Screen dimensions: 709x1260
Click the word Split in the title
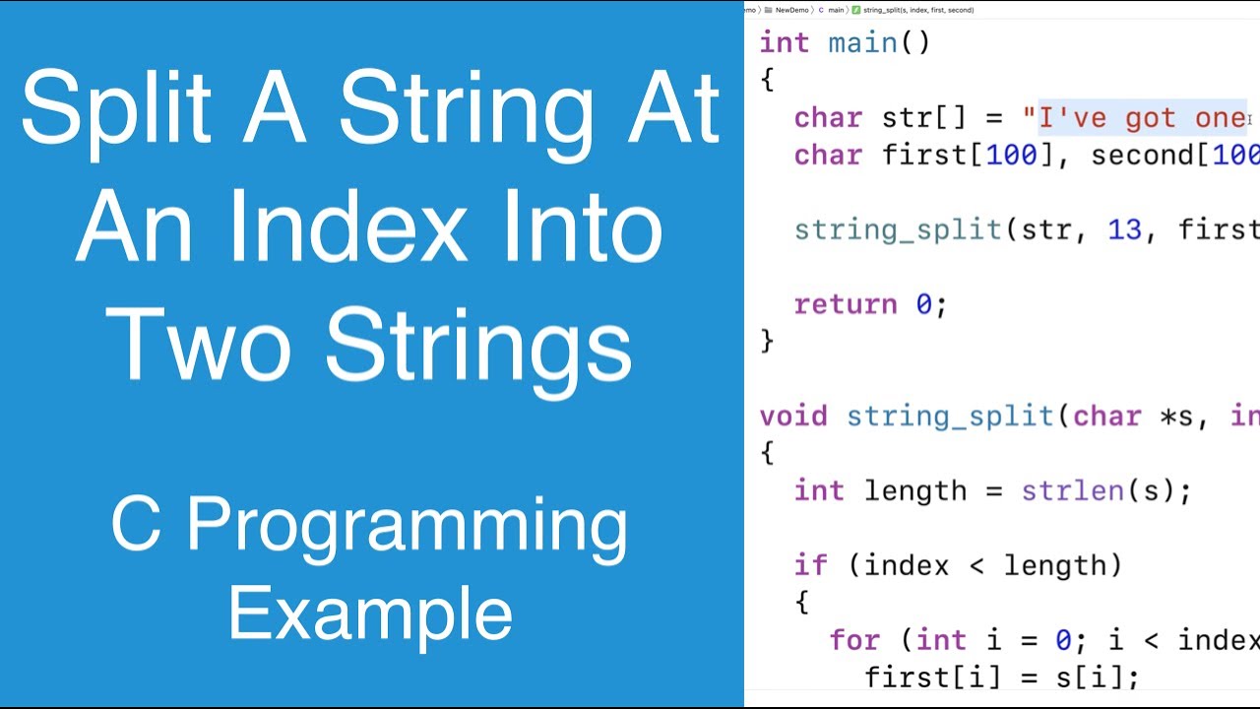pos(116,110)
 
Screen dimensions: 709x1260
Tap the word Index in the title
pos(362,228)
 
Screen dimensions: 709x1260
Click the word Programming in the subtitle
pos(407,527)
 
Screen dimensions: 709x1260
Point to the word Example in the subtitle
pos(370,612)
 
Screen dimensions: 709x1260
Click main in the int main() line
pos(862,43)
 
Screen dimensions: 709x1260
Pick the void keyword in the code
pos(793,417)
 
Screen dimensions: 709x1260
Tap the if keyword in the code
pos(811,565)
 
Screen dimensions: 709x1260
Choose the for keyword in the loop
pos(854,640)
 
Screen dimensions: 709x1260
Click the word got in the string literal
pos(1150,118)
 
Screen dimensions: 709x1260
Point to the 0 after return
pos(923,304)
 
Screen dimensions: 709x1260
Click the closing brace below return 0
pos(768,341)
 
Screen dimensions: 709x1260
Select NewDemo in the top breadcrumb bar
pos(792,10)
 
